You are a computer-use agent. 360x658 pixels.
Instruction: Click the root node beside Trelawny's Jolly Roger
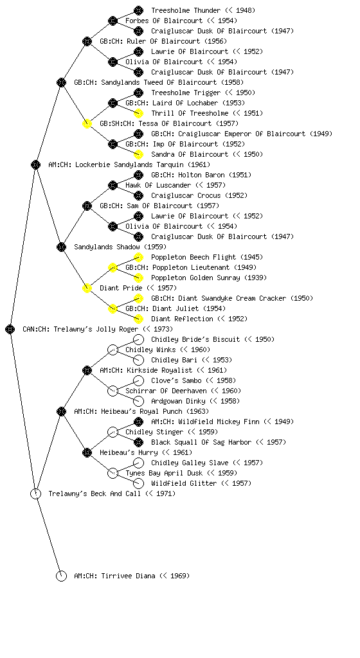(10, 329)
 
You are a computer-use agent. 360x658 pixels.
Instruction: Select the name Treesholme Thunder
(186, 10)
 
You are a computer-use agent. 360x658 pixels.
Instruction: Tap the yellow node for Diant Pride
(87, 288)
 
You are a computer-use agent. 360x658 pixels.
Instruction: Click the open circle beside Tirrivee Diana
(61, 576)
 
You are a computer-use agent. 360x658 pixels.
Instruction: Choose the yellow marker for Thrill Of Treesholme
(138, 113)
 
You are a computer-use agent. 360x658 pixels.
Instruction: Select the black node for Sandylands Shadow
(61, 247)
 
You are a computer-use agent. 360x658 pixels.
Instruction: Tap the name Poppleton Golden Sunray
(195, 278)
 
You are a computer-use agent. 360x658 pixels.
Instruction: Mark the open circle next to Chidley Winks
(113, 350)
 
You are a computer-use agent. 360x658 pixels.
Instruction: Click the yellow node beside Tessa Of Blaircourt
(87, 123)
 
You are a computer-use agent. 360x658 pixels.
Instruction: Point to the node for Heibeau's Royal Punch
(61, 411)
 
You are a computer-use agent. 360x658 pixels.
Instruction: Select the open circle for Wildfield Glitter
(138, 483)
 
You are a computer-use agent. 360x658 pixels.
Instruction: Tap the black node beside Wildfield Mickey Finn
(138, 422)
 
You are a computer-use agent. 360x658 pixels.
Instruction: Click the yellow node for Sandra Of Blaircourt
(138, 154)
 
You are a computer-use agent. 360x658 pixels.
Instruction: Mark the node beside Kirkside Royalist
(87, 370)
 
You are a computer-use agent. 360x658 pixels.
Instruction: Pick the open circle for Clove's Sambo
(138, 380)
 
